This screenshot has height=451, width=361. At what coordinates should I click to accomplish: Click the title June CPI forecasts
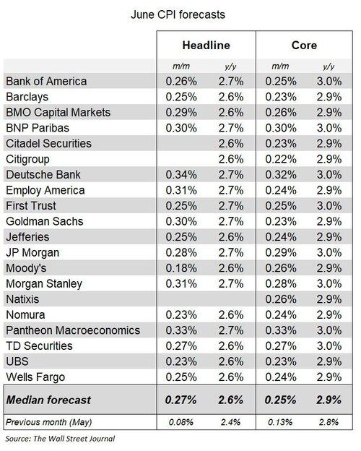(178, 14)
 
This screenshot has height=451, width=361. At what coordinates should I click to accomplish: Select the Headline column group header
(206, 45)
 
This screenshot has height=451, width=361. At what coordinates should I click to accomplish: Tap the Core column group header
(304, 45)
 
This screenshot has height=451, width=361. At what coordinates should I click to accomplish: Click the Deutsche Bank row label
(43, 175)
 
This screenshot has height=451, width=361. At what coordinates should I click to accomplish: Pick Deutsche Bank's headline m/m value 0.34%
(181, 175)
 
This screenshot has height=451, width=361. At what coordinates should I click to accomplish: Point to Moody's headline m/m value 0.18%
(181, 268)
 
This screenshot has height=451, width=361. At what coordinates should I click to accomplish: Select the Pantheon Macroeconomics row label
(73, 330)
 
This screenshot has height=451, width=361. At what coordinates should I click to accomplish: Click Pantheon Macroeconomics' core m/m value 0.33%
(281, 330)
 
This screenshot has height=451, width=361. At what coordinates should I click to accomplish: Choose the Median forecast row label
(48, 400)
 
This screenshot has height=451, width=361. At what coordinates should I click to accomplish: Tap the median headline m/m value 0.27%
(180, 400)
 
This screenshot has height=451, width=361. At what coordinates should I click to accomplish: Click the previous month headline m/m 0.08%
(181, 422)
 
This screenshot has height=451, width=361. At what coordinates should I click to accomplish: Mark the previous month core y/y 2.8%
(329, 422)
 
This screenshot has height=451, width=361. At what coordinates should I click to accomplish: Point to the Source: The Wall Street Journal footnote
(60, 439)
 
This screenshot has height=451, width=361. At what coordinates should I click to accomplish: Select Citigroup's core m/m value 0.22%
(281, 159)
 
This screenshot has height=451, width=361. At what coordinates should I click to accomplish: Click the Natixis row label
(22, 299)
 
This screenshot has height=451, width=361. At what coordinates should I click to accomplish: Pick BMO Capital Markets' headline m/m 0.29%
(181, 112)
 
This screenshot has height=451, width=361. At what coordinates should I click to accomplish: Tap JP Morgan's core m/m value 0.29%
(281, 252)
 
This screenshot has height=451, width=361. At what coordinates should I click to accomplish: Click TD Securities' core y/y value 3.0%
(329, 345)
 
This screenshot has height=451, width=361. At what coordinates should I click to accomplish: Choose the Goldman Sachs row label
(45, 221)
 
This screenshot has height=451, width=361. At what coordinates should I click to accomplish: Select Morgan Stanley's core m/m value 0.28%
(281, 283)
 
